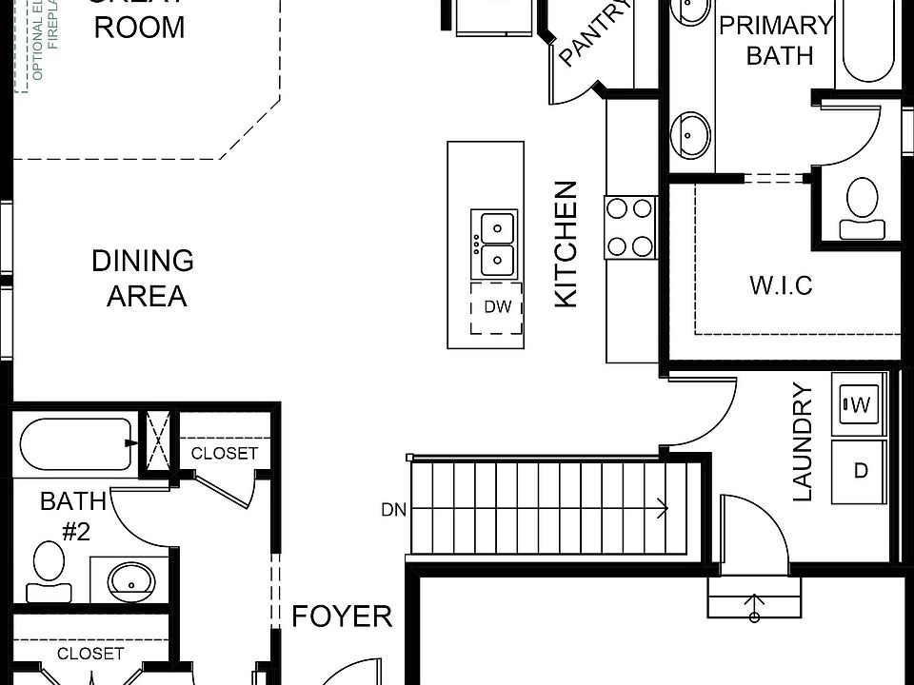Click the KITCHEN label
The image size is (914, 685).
(566, 244)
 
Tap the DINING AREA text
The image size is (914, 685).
(144, 278)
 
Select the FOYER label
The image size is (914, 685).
(342, 616)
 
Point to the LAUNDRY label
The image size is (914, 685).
(803, 441)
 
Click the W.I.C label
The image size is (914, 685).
(781, 285)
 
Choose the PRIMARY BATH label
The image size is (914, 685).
(776, 40)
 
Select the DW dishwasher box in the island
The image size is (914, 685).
(497, 307)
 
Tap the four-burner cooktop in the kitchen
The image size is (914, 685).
(630, 226)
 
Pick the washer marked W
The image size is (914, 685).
(859, 405)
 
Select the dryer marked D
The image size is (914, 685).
(860, 471)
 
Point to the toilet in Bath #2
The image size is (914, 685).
(46, 571)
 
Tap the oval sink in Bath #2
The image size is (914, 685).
(129, 577)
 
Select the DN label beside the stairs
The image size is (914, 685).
(393, 510)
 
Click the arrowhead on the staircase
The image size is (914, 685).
(662, 509)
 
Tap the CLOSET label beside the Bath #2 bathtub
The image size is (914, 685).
(225, 453)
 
